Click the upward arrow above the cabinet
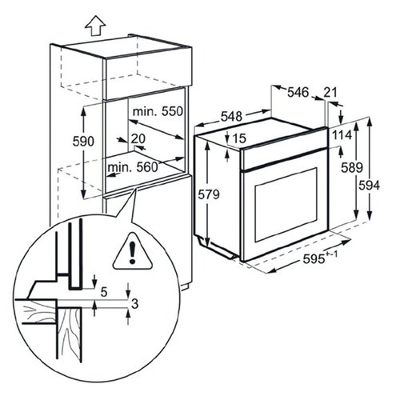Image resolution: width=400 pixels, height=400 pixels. point(95,26)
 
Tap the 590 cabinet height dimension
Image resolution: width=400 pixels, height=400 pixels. point(83,142)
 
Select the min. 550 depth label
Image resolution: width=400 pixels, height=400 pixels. point(158,111)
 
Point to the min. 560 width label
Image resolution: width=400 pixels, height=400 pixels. point(133,167)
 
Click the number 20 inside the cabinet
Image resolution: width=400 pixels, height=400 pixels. point(138,138)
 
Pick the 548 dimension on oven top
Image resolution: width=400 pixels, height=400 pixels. point(231,116)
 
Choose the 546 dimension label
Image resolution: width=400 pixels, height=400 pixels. point(298,93)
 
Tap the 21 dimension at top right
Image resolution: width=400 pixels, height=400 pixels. point(330,92)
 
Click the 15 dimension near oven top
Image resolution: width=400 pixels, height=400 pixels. point(239,138)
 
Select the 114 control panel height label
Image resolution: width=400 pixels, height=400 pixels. point(342,135)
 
